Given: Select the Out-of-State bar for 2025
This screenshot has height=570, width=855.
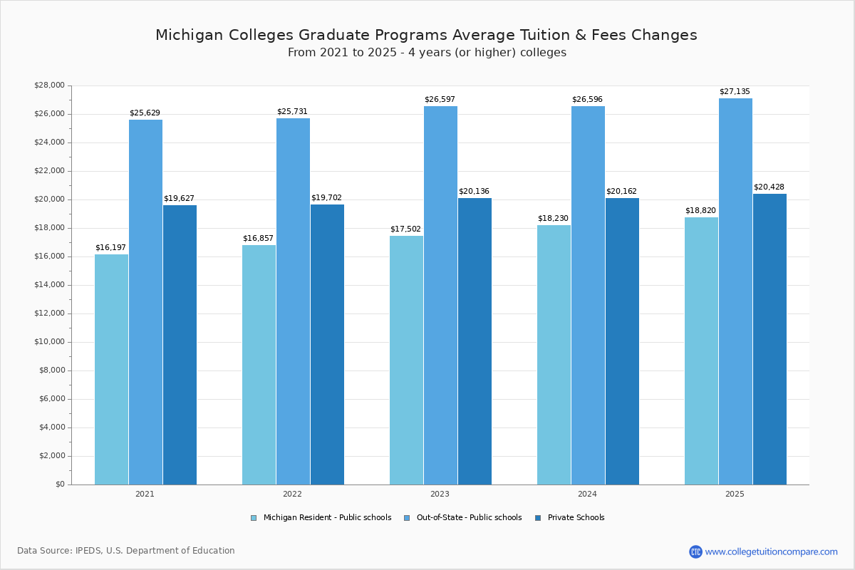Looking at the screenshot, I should click(735, 291).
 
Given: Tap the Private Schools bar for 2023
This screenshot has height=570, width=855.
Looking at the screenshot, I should click(475, 341).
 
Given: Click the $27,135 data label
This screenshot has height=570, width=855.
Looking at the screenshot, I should click(735, 92).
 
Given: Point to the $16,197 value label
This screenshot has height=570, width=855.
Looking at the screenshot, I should click(110, 248).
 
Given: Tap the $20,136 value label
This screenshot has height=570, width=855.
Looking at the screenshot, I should click(474, 192).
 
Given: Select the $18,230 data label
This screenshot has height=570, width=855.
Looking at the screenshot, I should click(553, 219).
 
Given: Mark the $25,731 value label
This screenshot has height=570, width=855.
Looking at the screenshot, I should click(292, 112).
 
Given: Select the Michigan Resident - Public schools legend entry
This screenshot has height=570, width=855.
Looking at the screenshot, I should click(327, 518).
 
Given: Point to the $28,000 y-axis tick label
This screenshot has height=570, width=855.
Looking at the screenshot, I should click(49, 85).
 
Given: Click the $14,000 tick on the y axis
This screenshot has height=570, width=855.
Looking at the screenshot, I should click(49, 285).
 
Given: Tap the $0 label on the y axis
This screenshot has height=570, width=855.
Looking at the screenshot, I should click(60, 484).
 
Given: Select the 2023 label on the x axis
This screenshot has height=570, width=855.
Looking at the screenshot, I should click(440, 494).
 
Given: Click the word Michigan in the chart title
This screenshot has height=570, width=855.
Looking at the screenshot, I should click(187, 35).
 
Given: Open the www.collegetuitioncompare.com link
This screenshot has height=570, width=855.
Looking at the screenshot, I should click(771, 551).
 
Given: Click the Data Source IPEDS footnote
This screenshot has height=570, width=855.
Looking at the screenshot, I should click(126, 551).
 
